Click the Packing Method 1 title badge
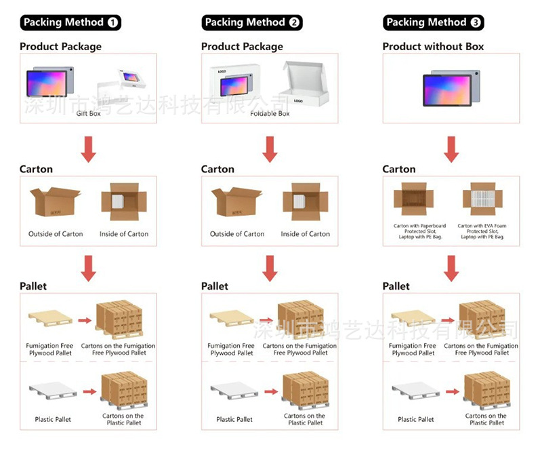tap(70, 22)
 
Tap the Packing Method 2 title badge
tap(252, 22)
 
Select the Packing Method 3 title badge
tap(434, 22)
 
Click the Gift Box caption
tap(88, 114)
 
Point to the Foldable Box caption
tap(270, 114)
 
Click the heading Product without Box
tap(433, 47)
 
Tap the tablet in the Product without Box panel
tap(451, 86)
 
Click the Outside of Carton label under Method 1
tap(56, 234)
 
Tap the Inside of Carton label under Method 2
tap(305, 234)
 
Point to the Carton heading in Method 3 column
tap(399, 169)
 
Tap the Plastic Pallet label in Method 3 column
tap(416, 419)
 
